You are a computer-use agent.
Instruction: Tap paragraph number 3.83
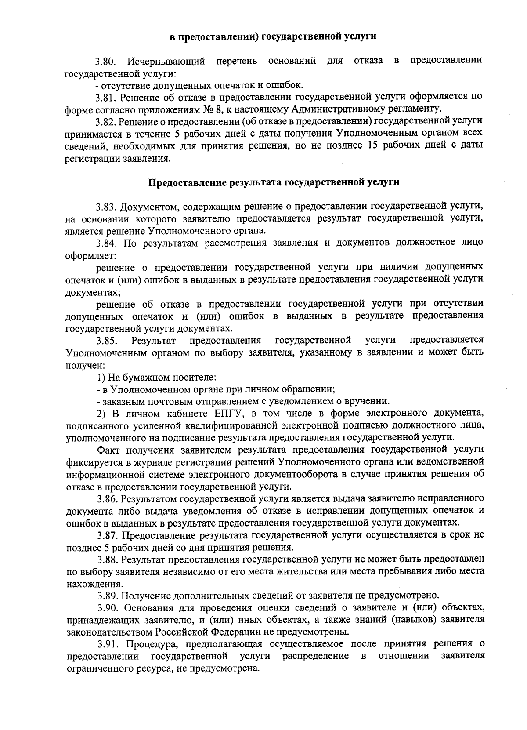pos(108,206)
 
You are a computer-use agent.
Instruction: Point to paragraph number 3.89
pos(108,596)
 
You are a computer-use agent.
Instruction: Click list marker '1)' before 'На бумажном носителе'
pos(101,378)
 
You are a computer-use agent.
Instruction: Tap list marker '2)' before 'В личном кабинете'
pos(101,414)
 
